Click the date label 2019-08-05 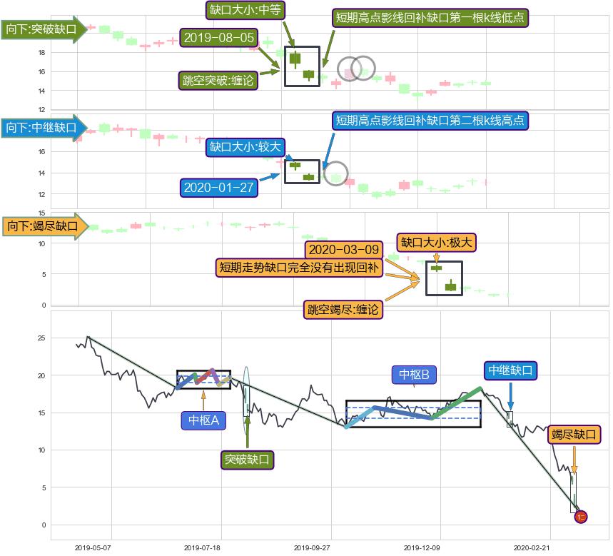point(219,38)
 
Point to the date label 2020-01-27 point(219,187)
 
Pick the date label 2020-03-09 point(344,249)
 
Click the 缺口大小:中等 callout point(245,10)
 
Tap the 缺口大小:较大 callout point(245,147)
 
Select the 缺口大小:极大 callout point(436,243)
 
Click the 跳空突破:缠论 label point(218,80)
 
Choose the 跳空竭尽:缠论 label point(343,309)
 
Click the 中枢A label point(203,420)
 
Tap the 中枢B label point(414,375)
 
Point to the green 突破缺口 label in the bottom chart point(247,459)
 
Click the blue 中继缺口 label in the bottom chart point(510,370)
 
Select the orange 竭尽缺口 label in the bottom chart point(574,434)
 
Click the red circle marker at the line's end point(581,517)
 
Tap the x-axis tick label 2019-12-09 point(422,547)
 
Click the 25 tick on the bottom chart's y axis point(41,338)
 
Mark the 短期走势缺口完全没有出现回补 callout point(299,268)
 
